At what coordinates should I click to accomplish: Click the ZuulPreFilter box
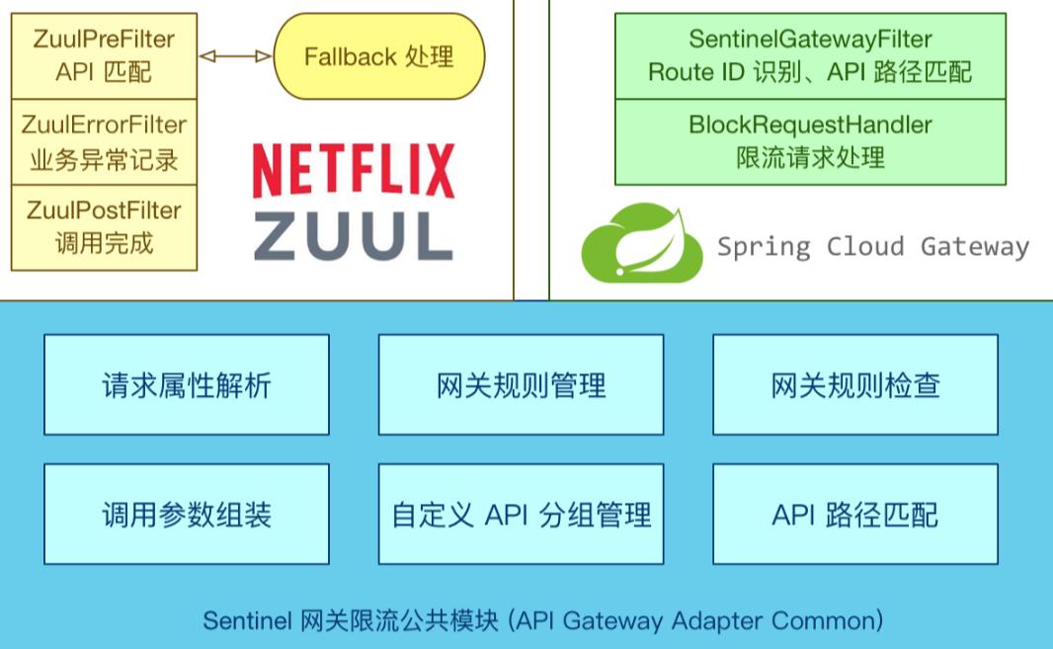coord(105,55)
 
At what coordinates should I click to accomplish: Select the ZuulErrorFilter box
coord(105,141)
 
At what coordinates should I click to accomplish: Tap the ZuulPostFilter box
coord(105,227)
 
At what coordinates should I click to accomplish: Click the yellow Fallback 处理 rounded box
coord(378,56)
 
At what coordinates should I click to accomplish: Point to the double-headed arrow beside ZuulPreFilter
coord(235,56)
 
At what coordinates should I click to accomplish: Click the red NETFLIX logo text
coord(354,171)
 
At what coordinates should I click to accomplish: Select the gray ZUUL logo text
coord(354,236)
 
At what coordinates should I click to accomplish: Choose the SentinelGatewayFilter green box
coord(810,55)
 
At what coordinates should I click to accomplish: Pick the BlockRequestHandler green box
coord(810,141)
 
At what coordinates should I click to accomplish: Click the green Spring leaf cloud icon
coord(642,243)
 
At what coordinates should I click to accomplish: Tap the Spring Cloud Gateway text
coord(872,246)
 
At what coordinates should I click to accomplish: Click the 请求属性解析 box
coord(187,384)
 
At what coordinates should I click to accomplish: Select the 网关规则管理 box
coord(521,384)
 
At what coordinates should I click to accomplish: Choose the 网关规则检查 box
coord(855,384)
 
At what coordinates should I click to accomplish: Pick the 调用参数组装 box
coord(187,514)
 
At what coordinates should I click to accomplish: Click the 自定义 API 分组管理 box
coord(521,514)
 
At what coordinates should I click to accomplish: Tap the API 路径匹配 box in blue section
coord(855,514)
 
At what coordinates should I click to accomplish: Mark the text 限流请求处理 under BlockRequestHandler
coord(810,157)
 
